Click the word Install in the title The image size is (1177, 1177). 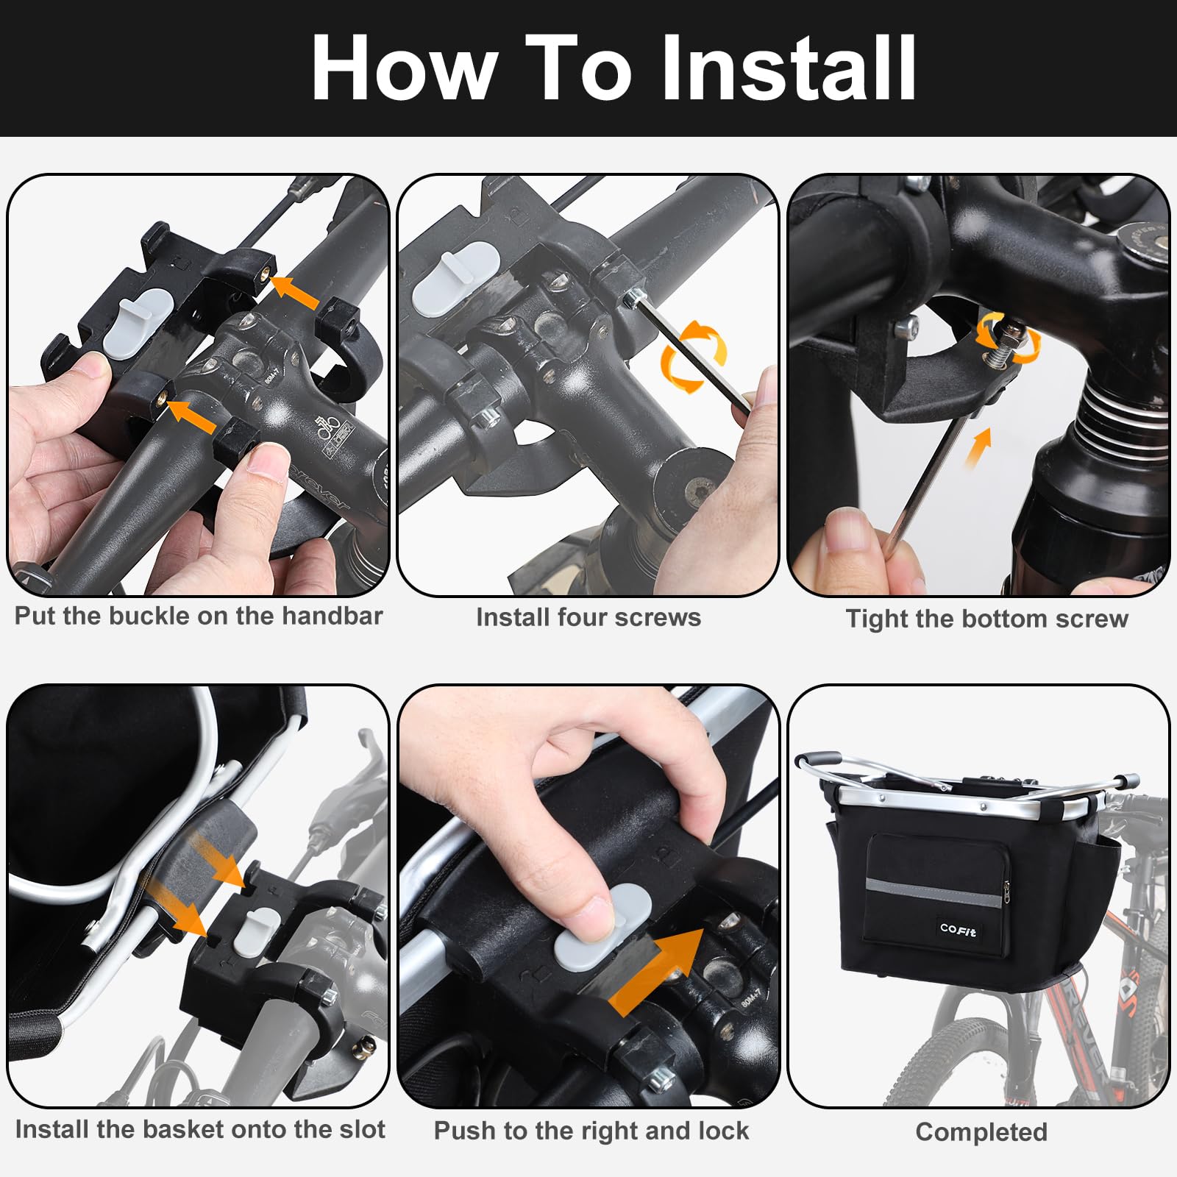(789, 68)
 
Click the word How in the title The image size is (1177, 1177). (404, 68)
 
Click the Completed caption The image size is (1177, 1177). (981, 1132)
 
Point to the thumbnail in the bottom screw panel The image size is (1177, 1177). (847, 529)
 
